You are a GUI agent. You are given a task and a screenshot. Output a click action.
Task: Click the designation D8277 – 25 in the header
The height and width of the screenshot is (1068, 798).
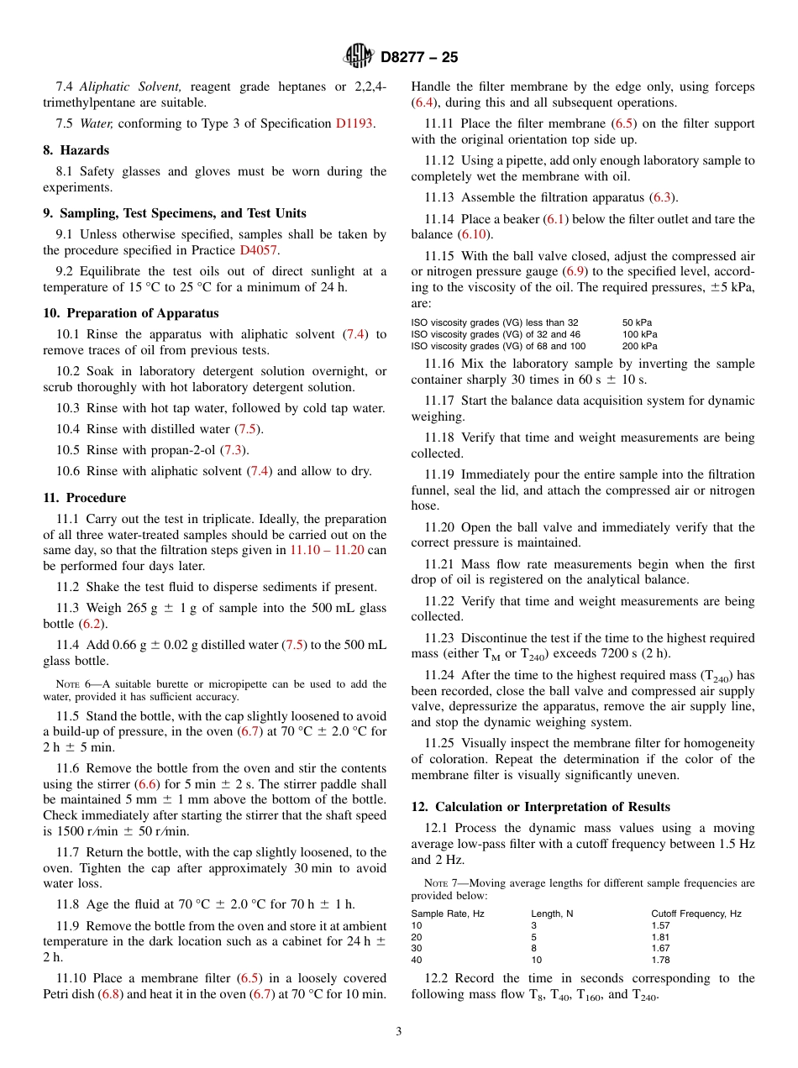[x=419, y=58]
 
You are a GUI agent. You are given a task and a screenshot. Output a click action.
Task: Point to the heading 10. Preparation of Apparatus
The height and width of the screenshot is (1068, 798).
[x=130, y=313]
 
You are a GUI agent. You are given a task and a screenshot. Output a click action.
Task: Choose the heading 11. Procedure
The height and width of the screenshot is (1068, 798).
[x=84, y=498]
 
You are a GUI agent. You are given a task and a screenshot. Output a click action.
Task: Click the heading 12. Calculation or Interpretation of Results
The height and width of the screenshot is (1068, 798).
[x=540, y=807]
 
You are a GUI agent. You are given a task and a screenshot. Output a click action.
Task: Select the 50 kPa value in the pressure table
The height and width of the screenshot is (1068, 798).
[x=637, y=322]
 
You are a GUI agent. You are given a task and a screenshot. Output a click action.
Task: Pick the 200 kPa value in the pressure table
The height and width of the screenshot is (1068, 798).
[x=639, y=346]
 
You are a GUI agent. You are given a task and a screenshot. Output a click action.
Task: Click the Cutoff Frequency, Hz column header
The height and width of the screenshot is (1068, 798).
[x=696, y=914]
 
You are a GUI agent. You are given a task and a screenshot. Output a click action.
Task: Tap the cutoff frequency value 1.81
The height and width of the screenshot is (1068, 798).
[x=661, y=937]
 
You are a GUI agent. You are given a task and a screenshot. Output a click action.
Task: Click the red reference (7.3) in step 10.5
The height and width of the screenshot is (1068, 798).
[x=234, y=450]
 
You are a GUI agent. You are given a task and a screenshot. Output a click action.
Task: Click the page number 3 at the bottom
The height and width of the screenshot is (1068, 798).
[x=399, y=1031]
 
